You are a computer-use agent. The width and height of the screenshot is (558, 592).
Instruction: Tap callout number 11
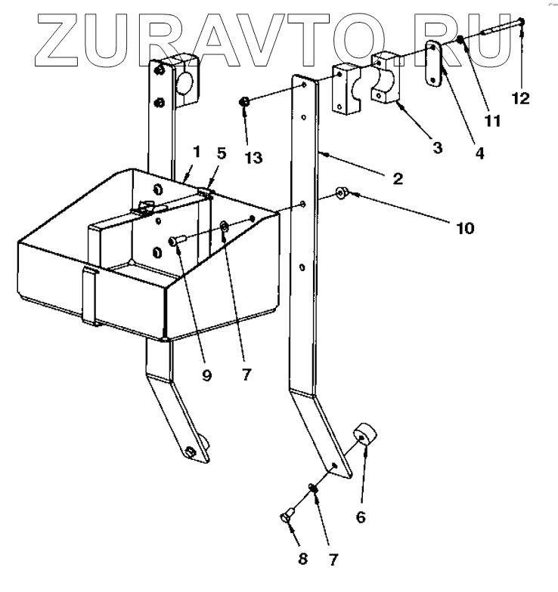[494, 119]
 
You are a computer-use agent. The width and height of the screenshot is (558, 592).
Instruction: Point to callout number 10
[465, 227]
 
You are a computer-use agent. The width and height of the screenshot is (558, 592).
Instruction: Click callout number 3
[438, 148]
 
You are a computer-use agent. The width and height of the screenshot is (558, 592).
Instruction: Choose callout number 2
[398, 180]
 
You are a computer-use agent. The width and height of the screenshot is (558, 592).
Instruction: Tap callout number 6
[361, 517]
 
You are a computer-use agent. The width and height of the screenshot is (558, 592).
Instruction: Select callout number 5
[222, 153]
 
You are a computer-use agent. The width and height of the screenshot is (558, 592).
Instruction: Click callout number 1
[196, 153]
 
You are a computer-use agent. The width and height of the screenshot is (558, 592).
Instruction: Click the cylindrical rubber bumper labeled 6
[367, 436]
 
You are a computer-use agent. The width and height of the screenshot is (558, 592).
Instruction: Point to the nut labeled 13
[244, 102]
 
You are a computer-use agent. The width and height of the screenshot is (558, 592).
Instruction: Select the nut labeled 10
[342, 195]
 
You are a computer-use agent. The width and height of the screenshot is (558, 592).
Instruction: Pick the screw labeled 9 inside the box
[175, 239]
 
